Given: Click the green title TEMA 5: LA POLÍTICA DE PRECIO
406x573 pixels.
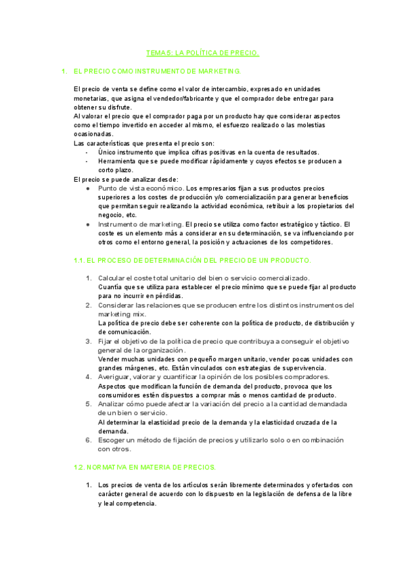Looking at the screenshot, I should (203, 53).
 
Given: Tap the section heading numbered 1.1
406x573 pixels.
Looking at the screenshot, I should (192, 260).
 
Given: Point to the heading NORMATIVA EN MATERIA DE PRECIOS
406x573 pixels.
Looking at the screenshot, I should (144, 467).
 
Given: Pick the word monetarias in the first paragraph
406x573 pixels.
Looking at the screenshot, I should (90, 99).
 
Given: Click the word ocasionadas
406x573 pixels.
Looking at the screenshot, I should (93, 134).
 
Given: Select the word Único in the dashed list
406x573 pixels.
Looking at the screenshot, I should (108, 152).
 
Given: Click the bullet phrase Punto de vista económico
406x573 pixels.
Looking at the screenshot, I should (140, 188).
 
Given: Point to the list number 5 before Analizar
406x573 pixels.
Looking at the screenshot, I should (88, 403).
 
